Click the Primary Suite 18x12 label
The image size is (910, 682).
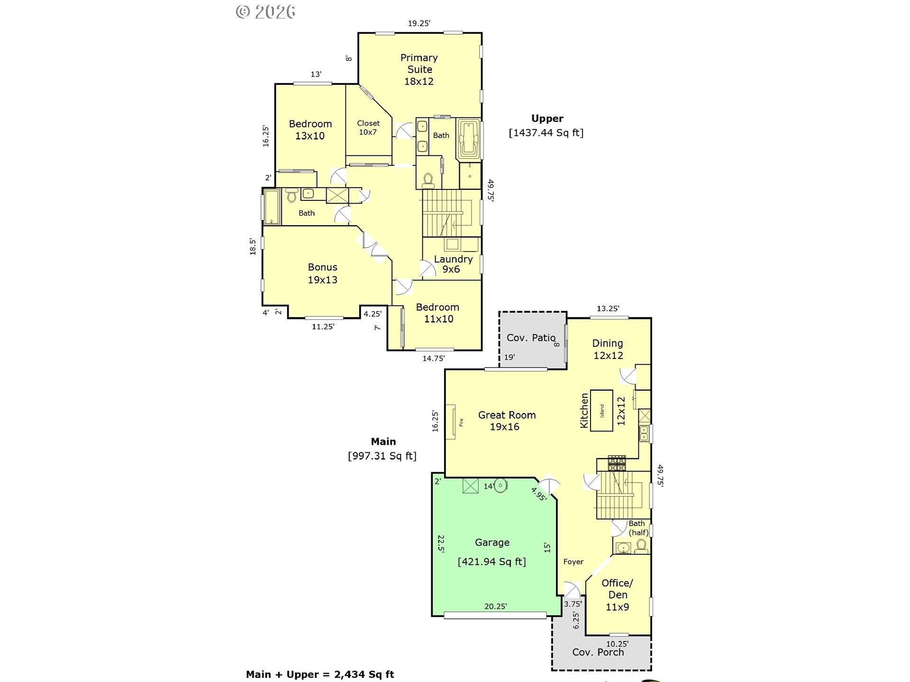(x=419, y=70)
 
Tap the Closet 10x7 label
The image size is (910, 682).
(x=368, y=127)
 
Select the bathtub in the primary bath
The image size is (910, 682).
(x=469, y=139)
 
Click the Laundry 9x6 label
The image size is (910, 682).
(x=453, y=264)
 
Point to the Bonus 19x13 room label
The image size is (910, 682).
(x=323, y=273)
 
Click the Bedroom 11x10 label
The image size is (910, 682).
(x=438, y=313)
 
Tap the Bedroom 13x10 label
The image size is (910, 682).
(x=310, y=130)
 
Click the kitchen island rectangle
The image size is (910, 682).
(x=602, y=410)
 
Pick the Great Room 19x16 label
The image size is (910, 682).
(x=506, y=421)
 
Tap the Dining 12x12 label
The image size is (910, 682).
(x=608, y=349)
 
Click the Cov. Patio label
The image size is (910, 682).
(x=531, y=338)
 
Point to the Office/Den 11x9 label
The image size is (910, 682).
(x=618, y=595)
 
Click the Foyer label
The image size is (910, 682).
(x=573, y=562)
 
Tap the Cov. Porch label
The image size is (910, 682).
(x=598, y=652)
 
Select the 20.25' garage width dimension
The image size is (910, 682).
(x=496, y=606)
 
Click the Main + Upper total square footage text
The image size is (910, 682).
(x=320, y=674)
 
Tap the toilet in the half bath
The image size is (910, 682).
(x=641, y=547)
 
